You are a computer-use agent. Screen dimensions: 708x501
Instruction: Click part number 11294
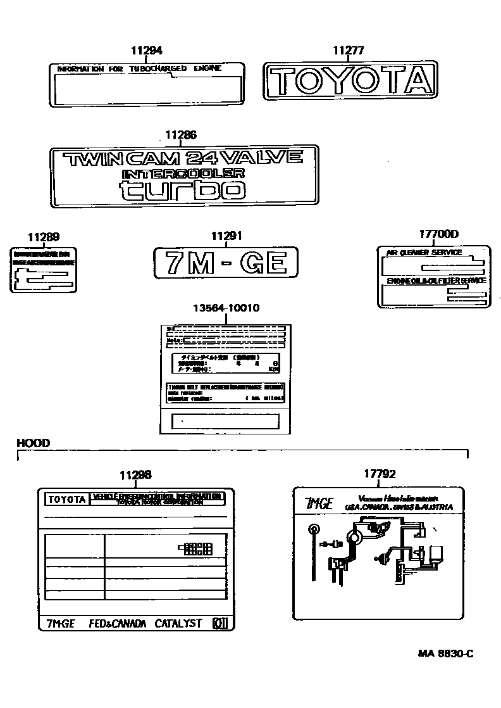pyautogui.click(x=147, y=51)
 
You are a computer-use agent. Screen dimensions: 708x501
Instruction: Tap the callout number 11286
pyautogui.click(x=181, y=134)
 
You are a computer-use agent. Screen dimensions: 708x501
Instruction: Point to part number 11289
pyautogui.click(x=44, y=237)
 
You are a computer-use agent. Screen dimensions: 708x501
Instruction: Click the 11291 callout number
pyautogui.click(x=226, y=236)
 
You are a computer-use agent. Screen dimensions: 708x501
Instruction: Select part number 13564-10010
pyautogui.click(x=226, y=308)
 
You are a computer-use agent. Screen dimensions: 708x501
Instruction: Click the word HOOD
pyautogui.click(x=33, y=443)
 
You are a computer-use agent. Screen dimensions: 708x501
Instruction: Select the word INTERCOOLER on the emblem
pyautogui.click(x=183, y=173)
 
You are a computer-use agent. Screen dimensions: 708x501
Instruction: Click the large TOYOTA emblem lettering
pyautogui.click(x=350, y=80)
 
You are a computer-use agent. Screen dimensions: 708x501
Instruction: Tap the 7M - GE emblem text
pyautogui.click(x=226, y=262)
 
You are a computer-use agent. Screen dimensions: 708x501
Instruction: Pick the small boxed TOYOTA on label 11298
pyautogui.click(x=66, y=499)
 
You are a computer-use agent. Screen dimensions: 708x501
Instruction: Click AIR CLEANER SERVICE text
pyautogui.click(x=424, y=252)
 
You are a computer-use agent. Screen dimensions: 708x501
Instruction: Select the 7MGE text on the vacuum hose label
pyautogui.click(x=319, y=503)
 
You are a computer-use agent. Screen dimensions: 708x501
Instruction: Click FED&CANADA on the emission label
pyautogui.click(x=118, y=623)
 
